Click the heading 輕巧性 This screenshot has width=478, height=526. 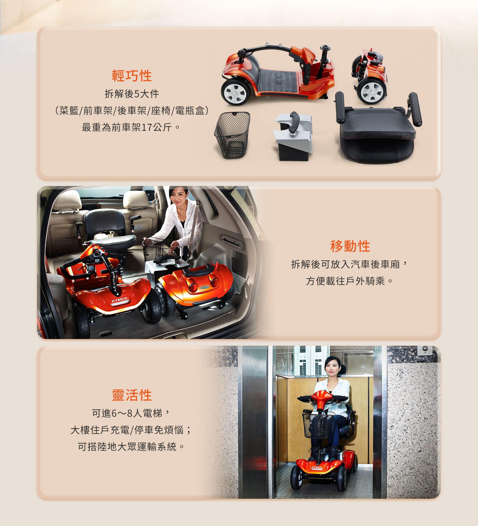click(132, 76)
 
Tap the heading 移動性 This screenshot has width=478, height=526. click(350, 246)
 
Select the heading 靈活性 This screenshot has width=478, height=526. click(132, 395)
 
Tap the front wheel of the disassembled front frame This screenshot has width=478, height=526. click(235, 92)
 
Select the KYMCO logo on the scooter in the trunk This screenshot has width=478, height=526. click(119, 300)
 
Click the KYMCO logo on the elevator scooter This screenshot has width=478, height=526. click(317, 467)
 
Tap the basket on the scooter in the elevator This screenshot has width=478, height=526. click(318, 425)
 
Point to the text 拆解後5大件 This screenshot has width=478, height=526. click(132, 94)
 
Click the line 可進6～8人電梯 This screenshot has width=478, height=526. click(132, 413)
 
